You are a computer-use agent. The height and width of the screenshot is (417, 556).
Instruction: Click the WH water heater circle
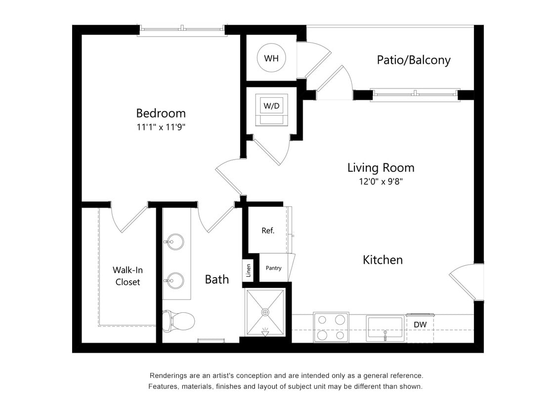click(x=271, y=58)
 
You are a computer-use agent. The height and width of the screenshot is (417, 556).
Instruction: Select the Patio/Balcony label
click(x=413, y=60)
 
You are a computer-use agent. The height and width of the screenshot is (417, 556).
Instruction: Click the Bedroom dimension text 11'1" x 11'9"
click(x=161, y=127)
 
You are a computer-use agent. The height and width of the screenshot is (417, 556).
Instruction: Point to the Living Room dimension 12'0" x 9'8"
click(x=381, y=181)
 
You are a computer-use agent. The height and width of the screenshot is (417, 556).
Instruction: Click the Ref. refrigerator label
click(x=268, y=230)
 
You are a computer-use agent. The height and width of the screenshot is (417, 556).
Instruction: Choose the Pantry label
click(x=273, y=268)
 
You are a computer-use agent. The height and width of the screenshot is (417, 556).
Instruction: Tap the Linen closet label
click(x=249, y=270)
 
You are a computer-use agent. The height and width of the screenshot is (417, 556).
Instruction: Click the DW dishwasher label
click(x=420, y=325)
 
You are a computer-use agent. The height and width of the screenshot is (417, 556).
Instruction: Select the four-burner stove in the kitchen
click(x=331, y=327)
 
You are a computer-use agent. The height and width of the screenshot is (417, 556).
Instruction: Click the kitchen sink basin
click(x=385, y=327)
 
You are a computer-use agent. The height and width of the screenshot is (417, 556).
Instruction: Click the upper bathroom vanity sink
click(x=174, y=243)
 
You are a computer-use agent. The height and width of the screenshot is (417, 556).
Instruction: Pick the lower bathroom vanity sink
click(x=174, y=281)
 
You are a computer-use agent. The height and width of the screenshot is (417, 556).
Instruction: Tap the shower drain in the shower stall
click(x=265, y=312)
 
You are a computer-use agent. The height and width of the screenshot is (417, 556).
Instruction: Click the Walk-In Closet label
click(x=128, y=276)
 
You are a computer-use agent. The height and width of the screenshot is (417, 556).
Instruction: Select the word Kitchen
click(x=383, y=260)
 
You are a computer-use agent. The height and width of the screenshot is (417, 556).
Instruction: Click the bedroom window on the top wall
click(x=182, y=29)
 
